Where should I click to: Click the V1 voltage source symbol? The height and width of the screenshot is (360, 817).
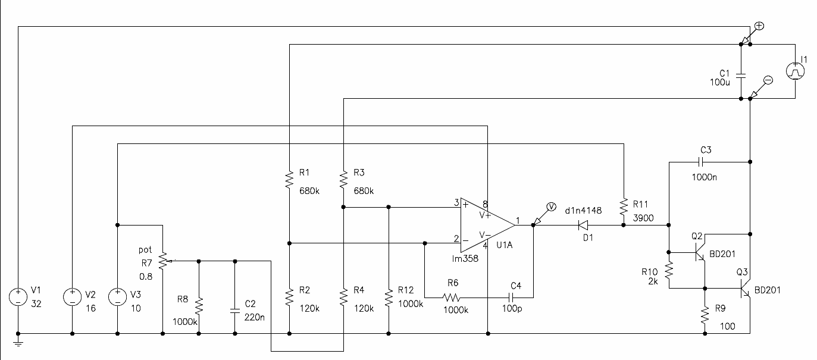[18, 297]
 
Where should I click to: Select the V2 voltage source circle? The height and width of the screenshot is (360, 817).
[72, 297]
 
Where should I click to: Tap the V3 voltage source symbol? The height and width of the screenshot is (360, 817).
[117, 297]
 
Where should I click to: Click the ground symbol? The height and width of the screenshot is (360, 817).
[18, 343]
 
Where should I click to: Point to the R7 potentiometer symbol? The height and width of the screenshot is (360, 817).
[163, 261]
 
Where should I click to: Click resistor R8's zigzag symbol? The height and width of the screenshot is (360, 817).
[199, 306]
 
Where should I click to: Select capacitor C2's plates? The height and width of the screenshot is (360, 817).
[235, 311]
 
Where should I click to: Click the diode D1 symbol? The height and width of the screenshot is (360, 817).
[583, 225]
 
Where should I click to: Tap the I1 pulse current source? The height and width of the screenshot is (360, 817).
[795, 71]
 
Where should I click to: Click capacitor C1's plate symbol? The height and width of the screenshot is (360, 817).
[741, 76]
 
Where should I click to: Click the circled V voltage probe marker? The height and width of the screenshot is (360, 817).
[551, 207]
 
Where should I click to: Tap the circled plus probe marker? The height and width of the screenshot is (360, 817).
[759, 26]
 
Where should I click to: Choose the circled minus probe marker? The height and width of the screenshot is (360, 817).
[768, 80]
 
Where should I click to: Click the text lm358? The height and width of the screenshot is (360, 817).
[465, 259]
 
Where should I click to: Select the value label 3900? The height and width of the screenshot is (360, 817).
[643, 218]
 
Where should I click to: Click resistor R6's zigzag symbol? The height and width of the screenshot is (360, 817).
[452, 298]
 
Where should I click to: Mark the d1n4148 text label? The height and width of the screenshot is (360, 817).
[583, 211]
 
